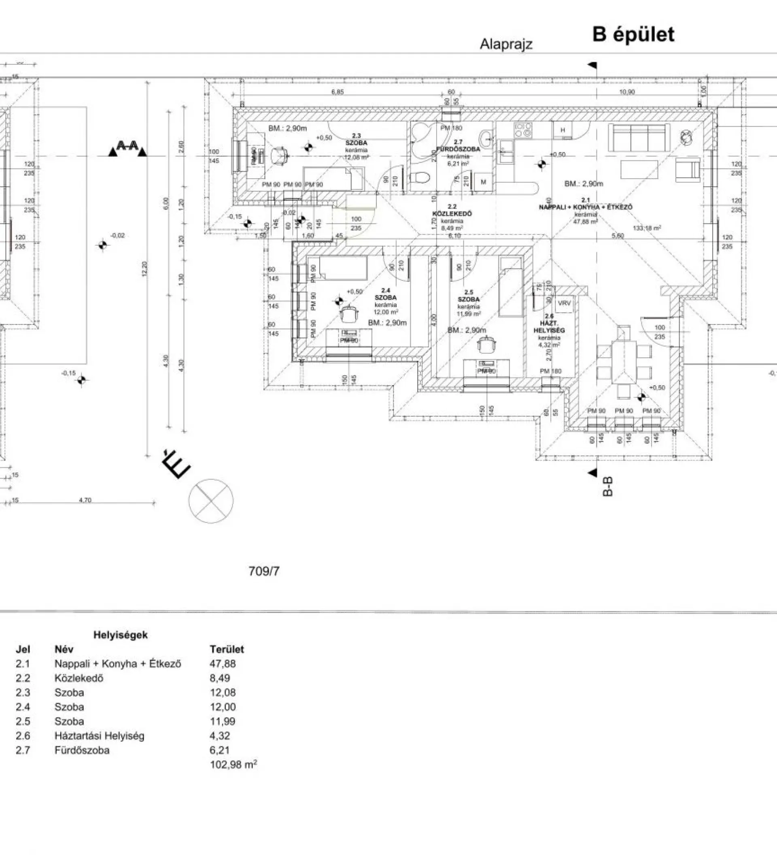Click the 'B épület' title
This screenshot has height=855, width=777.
click(633, 35)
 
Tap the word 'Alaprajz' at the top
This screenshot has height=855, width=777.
click(506, 44)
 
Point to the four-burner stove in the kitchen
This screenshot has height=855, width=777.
click(523, 129)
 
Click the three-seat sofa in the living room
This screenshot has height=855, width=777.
click(639, 137)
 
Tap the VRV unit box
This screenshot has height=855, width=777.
click(564, 304)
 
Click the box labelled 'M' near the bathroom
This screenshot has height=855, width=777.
click(483, 182)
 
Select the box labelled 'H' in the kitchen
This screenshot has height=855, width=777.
click(563, 130)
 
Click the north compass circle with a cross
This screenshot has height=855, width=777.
click(210, 501)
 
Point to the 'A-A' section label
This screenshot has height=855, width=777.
click(127, 146)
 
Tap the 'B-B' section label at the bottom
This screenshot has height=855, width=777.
click(607, 486)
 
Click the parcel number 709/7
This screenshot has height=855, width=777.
click(264, 571)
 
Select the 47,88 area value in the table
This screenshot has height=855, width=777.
click(223, 664)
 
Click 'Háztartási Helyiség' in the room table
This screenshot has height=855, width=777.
click(99, 736)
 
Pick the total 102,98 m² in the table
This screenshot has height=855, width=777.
click(233, 765)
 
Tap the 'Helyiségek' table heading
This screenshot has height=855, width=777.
click(120, 635)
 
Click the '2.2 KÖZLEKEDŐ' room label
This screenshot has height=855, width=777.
click(452, 210)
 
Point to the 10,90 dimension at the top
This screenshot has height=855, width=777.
click(626, 92)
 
